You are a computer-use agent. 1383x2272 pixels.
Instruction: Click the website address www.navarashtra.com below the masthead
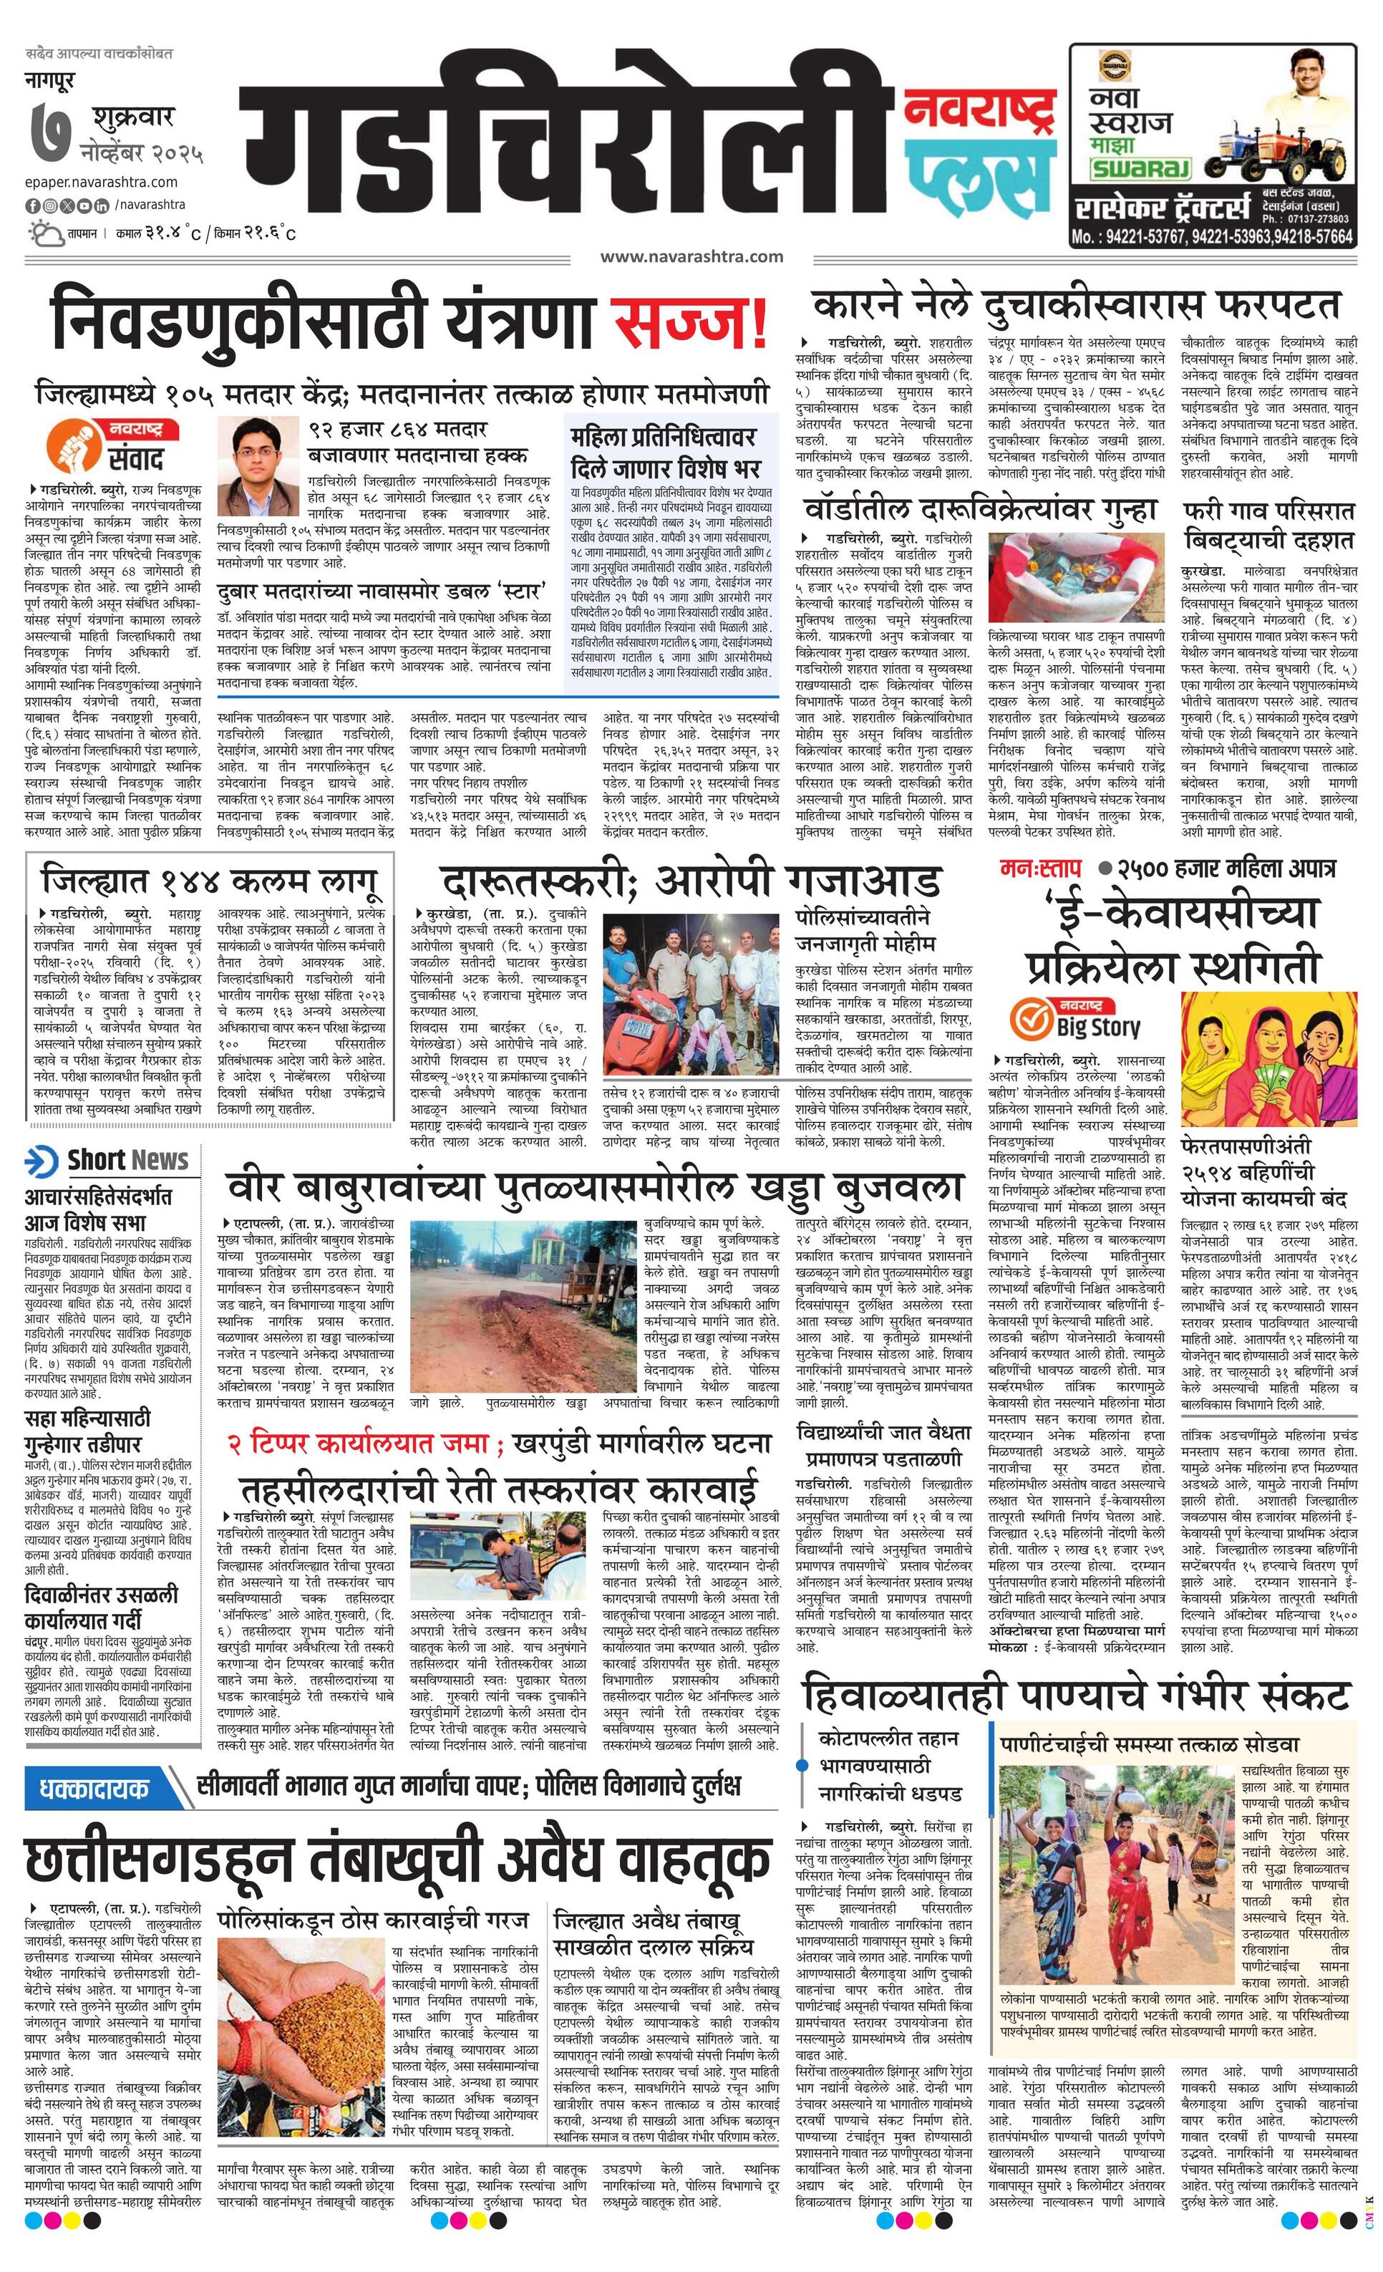pyautogui.click(x=691, y=256)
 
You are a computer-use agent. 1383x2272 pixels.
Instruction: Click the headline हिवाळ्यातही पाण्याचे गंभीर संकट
pyautogui.click(x=1076, y=1696)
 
